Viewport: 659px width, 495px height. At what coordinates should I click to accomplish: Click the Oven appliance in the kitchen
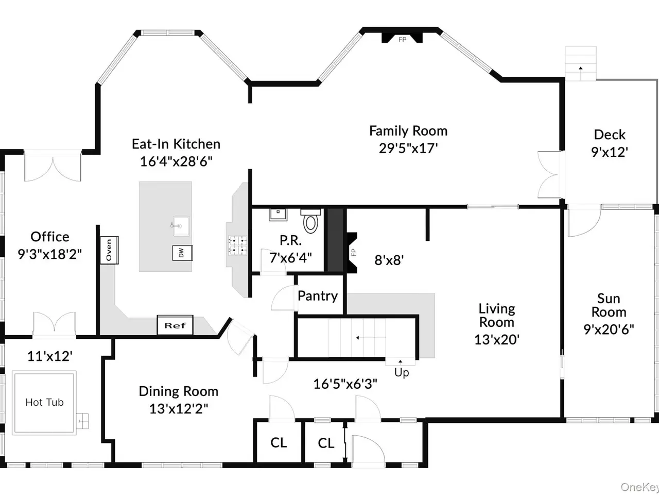pyautogui.click(x=109, y=251)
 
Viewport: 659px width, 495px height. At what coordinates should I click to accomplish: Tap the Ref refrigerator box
pyautogui.click(x=175, y=325)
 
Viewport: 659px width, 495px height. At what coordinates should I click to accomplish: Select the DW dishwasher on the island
pyautogui.click(x=182, y=253)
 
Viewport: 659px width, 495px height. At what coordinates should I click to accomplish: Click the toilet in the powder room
pyautogui.click(x=311, y=221)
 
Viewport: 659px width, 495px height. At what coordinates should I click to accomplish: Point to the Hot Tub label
pyautogui.click(x=44, y=402)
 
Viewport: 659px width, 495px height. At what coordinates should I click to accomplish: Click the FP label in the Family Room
pyautogui.click(x=402, y=39)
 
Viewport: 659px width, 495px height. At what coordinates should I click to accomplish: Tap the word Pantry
pyautogui.click(x=318, y=296)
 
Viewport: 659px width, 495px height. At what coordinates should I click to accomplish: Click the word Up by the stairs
pyautogui.click(x=402, y=373)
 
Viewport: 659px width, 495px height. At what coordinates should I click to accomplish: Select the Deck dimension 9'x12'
pyautogui.click(x=610, y=152)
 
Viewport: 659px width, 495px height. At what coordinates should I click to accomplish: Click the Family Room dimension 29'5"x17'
pyautogui.click(x=408, y=148)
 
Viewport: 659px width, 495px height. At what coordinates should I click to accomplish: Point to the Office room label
pyautogui.click(x=50, y=237)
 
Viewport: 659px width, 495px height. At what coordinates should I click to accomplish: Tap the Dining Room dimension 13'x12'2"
pyautogui.click(x=179, y=408)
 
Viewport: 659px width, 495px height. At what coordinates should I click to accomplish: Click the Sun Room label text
pyautogui.click(x=609, y=305)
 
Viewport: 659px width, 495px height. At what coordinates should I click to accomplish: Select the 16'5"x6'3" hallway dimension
pyautogui.click(x=345, y=384)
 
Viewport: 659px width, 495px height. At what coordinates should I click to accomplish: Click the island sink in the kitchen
pyautogui.click(x=181, y=226)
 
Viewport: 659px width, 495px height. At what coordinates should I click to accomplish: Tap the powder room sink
pyautogui.click(x=278, y=214)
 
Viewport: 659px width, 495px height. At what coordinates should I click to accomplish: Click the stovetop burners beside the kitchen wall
pyautogui.click(x=237, y=245)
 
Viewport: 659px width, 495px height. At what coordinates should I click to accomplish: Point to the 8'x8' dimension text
pyautogui.click(x=389, y=260)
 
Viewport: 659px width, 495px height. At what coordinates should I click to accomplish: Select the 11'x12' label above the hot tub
pyautogui.click(x=50, y=356)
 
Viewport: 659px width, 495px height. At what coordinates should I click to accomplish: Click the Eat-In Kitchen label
pyautogui.click(x=176, y=144)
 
